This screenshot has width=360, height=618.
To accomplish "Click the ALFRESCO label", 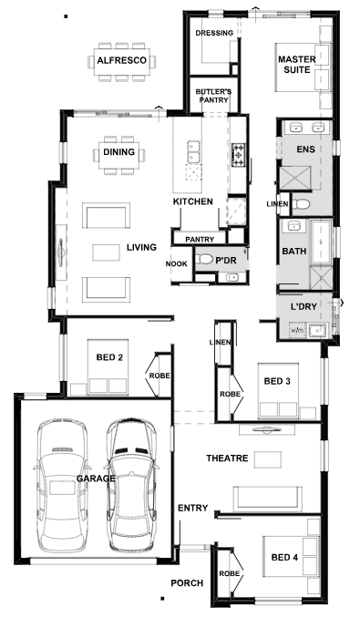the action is (122, 61).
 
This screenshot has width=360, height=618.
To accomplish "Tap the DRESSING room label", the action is (214, 33).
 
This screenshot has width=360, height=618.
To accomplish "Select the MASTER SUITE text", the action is (297, 65).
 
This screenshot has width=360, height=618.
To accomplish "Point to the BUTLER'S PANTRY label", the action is (213, 96).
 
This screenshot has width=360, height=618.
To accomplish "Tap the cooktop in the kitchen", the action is (238, 154).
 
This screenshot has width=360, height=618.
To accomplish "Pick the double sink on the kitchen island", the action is (193, 151).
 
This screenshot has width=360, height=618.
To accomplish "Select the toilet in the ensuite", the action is (302, 204).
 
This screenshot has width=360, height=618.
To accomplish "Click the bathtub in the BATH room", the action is (322, 242).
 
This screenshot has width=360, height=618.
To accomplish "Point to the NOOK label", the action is (176, 263).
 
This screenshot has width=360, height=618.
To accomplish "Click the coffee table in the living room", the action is (107, 252).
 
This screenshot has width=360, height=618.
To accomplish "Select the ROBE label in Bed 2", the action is (159, 376).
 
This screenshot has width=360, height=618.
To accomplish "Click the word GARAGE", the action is (96, 479).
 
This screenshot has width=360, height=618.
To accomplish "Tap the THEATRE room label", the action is (227, 458).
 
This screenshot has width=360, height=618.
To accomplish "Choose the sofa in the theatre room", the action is (267, 499).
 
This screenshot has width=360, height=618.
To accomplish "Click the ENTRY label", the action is (192, 508).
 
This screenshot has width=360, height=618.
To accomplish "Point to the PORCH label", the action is (187, 583).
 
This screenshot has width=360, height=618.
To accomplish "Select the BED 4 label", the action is (284, 557).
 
